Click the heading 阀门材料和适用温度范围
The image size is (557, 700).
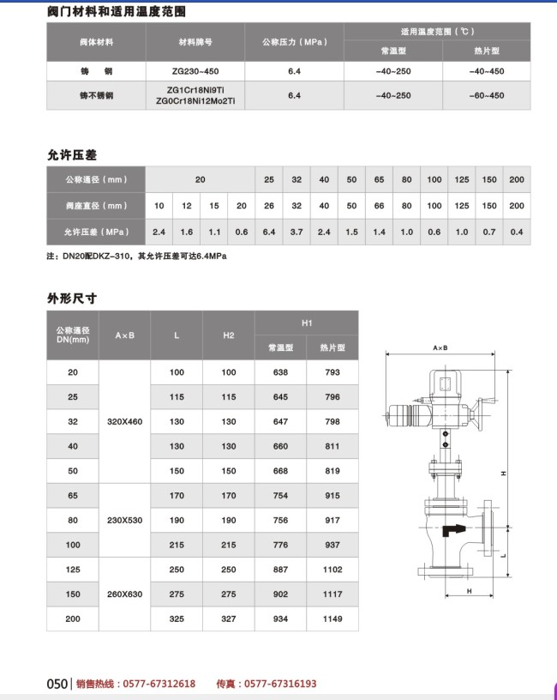(x=115, y=11)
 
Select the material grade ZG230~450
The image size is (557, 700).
(x=195, y=69)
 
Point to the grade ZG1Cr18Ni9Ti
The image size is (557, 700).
(x=195, y=90)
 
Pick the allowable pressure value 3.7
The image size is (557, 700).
(x=296, y=232)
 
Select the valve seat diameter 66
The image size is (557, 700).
(x=379, y=206)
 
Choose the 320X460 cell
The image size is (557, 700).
(x=124, y=421)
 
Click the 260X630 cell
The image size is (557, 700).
(x=124, y=594)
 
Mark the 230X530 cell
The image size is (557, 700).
(x=124, y=520)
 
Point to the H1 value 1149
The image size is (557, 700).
(x=332, y=619)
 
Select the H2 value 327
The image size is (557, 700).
(x=228, y=619)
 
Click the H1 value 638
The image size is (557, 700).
(x=280, y=372)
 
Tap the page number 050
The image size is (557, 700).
(x=57, y=684)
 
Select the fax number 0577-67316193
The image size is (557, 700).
(x=279, y=684)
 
